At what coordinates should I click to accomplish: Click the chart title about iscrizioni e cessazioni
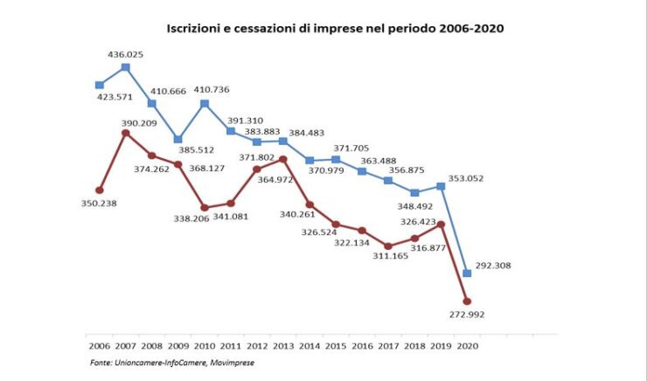(x=335, y=28)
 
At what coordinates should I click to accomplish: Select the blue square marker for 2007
(x=126, y=66)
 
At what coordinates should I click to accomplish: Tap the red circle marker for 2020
(x=467, y=301)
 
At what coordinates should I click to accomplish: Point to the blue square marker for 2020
(x=467, y=273)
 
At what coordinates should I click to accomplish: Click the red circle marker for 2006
(x=100, y=190)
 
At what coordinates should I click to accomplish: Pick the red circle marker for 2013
(x=283, y=159)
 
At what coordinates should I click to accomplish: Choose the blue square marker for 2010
(x=205, y=103)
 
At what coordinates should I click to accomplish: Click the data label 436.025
(x=126, y=54)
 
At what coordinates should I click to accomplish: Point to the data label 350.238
(x=98, y=203)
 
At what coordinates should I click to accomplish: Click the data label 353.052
(x=465, y=178)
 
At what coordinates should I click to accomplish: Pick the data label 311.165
(x=386, y=256)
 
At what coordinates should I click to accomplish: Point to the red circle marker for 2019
(x=441, y=225)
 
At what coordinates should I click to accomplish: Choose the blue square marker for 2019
(x=441, y=185)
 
